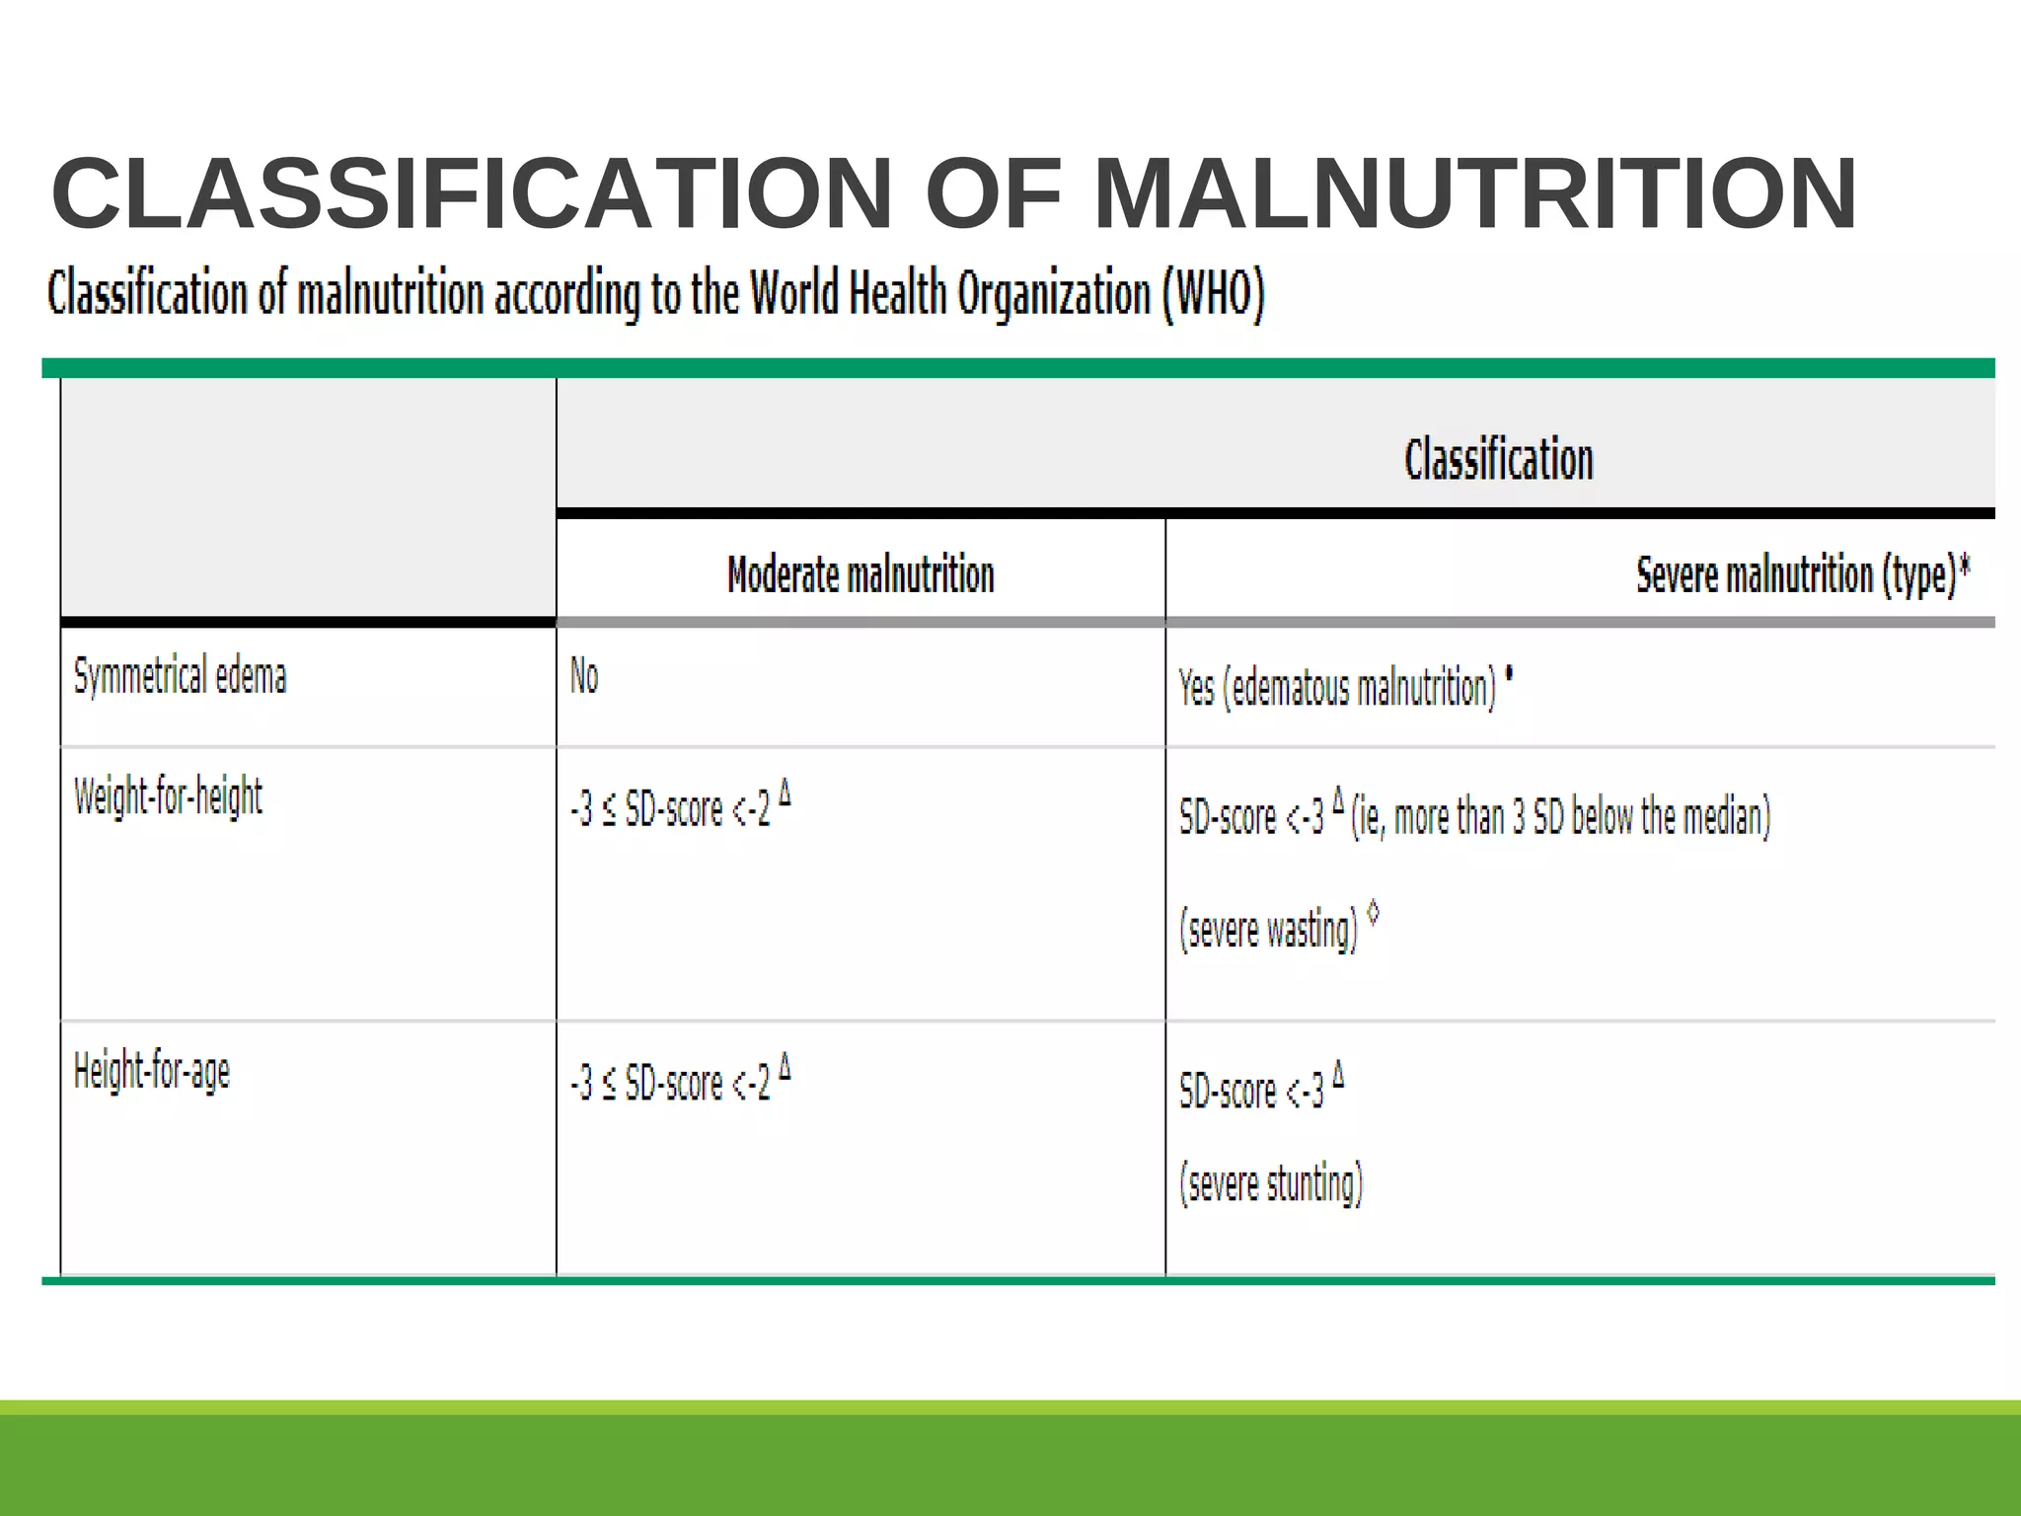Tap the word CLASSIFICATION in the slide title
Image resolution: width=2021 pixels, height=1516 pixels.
[472, 193]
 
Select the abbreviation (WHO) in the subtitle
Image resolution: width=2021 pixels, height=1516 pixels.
[1213, 294]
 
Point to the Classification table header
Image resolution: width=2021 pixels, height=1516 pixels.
[1498, 460]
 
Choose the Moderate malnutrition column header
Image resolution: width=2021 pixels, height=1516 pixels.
[861, 574]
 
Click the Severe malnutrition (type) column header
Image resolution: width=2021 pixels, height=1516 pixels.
[1795, 574]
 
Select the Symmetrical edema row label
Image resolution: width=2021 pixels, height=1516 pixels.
[180, 677]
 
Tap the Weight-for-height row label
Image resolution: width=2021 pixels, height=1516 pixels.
[168, 796]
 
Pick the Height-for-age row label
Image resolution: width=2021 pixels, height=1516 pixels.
[152, 1072]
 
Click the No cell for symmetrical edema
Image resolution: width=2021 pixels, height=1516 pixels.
[584, 677]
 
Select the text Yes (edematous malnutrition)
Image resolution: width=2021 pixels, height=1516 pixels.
[1337, 688]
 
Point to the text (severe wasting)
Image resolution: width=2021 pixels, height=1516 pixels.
[1268, 930]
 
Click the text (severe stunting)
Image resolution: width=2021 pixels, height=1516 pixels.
[1271, 1183]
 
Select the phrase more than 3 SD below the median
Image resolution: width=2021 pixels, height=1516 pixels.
[1582, 817]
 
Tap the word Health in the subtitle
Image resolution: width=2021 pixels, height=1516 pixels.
[897, 294]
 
